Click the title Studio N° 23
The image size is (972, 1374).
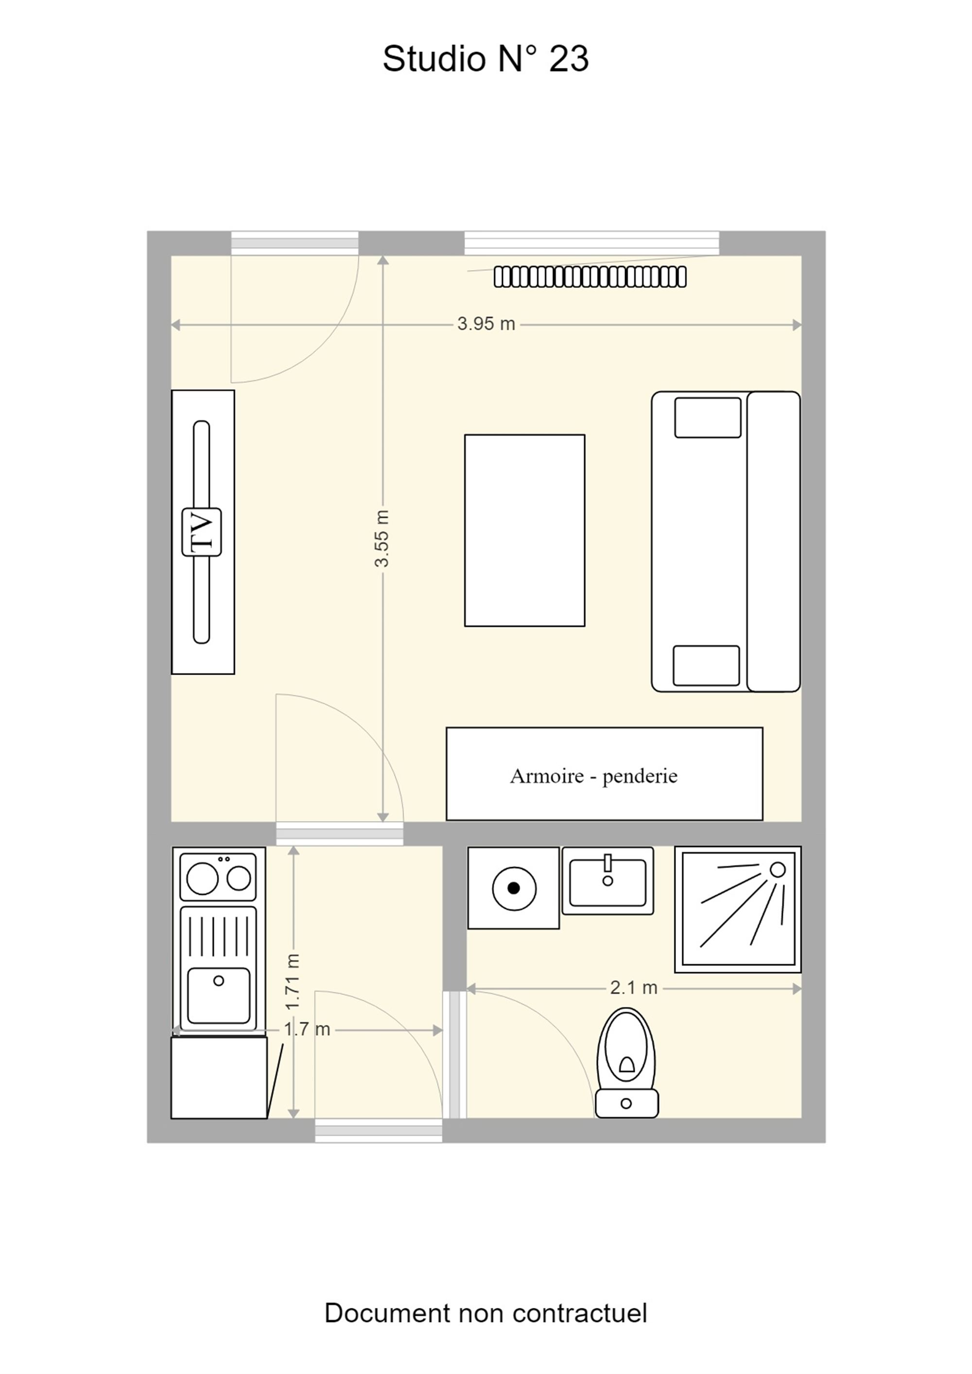486,59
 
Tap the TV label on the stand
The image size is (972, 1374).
202,532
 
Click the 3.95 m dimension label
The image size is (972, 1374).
486,324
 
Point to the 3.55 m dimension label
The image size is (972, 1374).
382,538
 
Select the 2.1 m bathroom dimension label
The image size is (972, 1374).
633,988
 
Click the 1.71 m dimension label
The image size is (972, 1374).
292,981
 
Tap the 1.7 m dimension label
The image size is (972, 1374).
307,1029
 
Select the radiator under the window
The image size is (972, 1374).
590,277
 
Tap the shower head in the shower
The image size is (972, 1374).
778,870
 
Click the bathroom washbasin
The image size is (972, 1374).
607,881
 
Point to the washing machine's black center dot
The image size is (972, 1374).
514,888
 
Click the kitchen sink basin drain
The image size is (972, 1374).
219,981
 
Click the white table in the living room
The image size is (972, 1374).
524,530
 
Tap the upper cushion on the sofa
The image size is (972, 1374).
708,417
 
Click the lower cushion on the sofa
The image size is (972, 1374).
706,665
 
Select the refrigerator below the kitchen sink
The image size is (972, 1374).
219,1078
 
